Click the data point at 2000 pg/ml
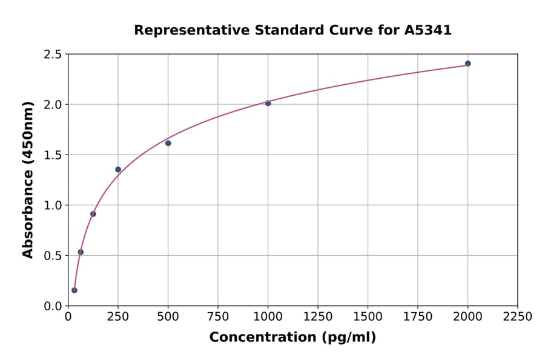pyautogui.click(x=467, y=64)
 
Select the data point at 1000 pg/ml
pyautogui.click(x=268, y=103)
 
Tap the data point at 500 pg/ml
pyautogui.click(x=168, y=143)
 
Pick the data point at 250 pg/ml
pyautogui.click(x=118, y=170)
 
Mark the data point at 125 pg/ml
pyautogui.click(x=93, y=214)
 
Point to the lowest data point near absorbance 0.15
pyautogui.click(x=74, y=290)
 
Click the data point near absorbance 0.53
pyautogui.click(x=81, y=252)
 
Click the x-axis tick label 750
pyautogui.click(x=218, y=317)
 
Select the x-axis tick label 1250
pyautogui.click(x=317, y=317)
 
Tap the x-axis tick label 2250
pyautogui.click(x=517, y=317)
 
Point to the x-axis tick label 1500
pyautogui.click(x=368, y=317)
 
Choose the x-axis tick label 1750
pyautogui.click(x=417, y=317)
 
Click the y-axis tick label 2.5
pyautogui.click(x=53, y=55)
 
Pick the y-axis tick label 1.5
pyautogui.click(x=53, y=155)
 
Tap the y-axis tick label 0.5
pyautogui.click(x=53, y=256)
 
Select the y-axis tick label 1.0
pyautogui.click(x=53, y=205)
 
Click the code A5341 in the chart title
pyautogui.click(x=428, y=30)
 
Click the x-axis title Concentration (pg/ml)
pyautogui.click(x=292, y=338)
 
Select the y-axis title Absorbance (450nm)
pyautogui.click(x=28, y=180)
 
